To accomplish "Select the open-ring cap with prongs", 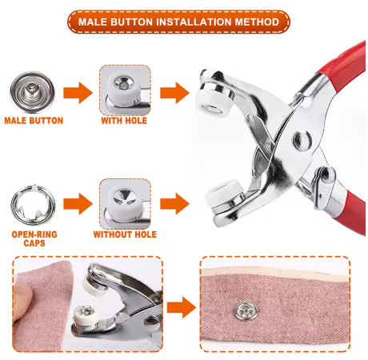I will coord(30,202).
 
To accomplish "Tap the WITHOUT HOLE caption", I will coord(125,235).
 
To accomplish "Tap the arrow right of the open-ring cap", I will coord(77,203).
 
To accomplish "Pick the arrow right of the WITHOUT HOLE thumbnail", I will coord(171,202).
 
